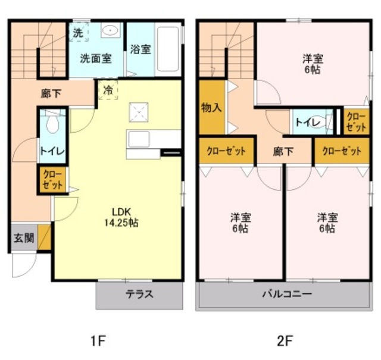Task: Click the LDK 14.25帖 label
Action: coord(121,217)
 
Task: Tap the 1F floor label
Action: coord(98,340)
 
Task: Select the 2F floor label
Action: coord(285,340)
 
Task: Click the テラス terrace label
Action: coord(139,295)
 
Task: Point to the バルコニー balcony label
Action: coord(287,294)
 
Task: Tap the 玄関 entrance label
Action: coord(24,238)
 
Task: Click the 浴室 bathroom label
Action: coord(140,49)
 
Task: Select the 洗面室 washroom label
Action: coord(96,58)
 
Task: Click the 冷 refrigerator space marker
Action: coord(108,90)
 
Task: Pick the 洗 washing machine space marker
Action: coord(78,33)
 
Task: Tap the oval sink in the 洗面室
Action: coord(111,30)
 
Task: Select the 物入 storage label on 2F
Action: coord(211,108)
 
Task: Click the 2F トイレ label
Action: coord(308,122)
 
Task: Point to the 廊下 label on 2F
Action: coord(283,152)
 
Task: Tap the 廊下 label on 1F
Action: coord(51,93)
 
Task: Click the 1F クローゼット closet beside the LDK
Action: coord(52,180)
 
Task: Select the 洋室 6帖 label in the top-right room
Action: coord(313,64)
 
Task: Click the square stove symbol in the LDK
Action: coord(139,112)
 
